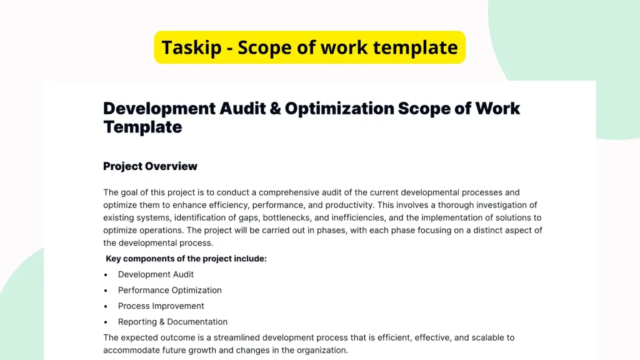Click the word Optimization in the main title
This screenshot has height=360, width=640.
(x=338, y=108)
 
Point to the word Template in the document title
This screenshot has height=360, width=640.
(x=142, y=127)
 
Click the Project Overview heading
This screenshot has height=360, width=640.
(x=150, y=166)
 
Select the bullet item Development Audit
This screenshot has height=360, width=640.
(x=156, y=274)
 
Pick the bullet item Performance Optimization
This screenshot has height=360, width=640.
(x=169, y=290)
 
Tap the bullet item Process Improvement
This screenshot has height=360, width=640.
(x=161, y=306)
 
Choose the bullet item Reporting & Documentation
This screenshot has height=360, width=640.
(x=172, y=322)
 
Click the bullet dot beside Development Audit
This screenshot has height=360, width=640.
(x=106, y=274)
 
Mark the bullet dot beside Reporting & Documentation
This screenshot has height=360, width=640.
(x=106, y=322)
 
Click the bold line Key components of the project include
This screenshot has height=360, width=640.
(x=186, y=258)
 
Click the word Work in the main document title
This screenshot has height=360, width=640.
(x=497, y=108)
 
